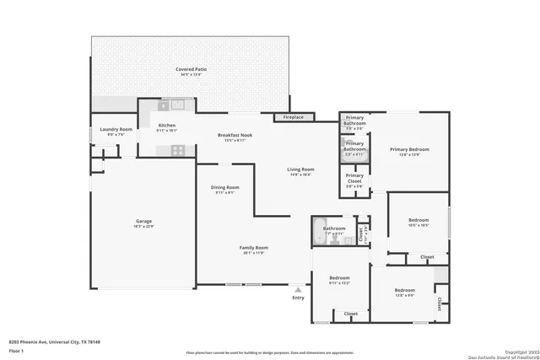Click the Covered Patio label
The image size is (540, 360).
pyautogui.click(x=190, y=69)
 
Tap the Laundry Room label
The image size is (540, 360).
pyautogui.click(x=115, y=130)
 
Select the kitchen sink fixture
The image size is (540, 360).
pyautogui.click(x=178, y=105)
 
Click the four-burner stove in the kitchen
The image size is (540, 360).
pyautogui.click(x=178, y=150)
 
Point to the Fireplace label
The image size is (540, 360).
pyautogui.click(x=294, y=117)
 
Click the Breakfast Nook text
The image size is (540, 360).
pyautogui.click(x=235, y=135)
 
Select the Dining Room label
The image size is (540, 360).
pyautogui.click(x=225, y=187)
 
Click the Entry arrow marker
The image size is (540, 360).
pyautogui.click(x=298, y=287)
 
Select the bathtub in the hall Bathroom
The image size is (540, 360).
pyautogui.click(x=321, y=234)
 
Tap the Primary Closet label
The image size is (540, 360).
pyautogui.click(x=354, y=178)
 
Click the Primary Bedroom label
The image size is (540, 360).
pyautogui.click(x=410, y=149)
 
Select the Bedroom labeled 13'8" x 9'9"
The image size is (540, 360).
pyautogui.click(x=404, y=291)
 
